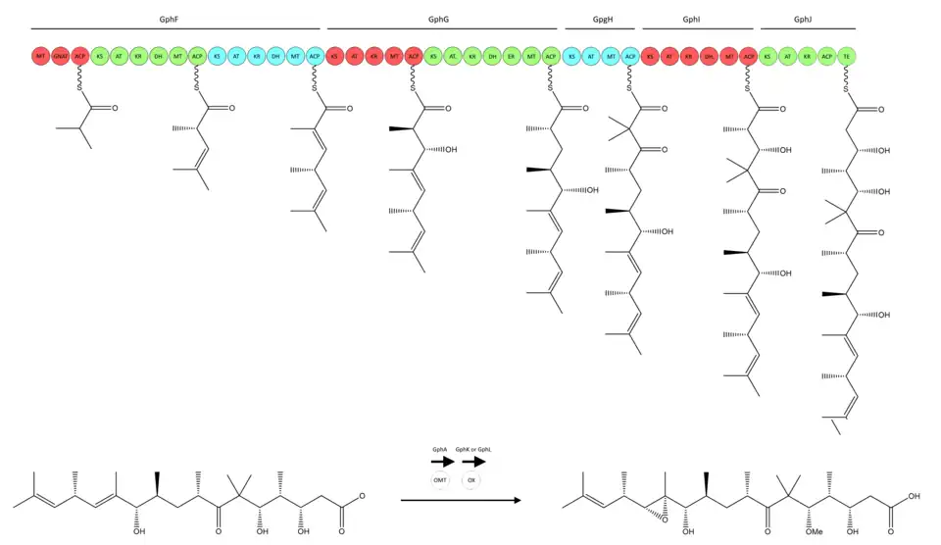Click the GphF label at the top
(x=169, y=19)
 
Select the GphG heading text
(x=438, y=19)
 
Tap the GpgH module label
(x=602, y=19)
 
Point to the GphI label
(x=692, y=19)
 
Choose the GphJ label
(x=803, y=19)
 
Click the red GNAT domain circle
(x=61, y=57)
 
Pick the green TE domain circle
(x=847, y=57)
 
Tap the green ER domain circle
(x=512, y=57)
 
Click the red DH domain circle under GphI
(x=709, y=57)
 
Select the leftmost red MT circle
(x=41, y=57)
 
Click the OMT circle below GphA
(x=440, y=480)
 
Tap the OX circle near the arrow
(x=471, y=480)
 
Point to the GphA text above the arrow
(x=440, y=448)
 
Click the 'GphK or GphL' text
(x=472, y=448)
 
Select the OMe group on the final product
(x=813, y=532)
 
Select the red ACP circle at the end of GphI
(x=748, y=57)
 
